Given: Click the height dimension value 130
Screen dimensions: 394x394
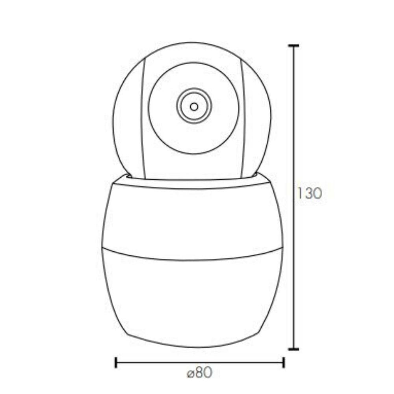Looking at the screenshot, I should [x=309, y=193].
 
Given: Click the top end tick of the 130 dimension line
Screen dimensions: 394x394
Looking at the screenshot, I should [x=293, y=46].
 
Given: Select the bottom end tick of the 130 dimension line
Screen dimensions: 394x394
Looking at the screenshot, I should [x=293, y=349].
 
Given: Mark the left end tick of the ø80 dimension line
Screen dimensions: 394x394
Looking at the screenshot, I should [x=115, y=362].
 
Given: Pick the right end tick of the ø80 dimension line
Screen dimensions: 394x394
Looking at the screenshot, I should [x=283, y=362].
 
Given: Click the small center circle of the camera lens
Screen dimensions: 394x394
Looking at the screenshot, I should [x=194, y=106].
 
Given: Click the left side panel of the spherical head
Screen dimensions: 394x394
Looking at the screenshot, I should [x=128, y=118].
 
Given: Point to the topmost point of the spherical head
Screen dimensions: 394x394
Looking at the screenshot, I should [x=192, y=43].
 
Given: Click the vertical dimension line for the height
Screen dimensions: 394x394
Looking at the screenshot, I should [x=293, y=256].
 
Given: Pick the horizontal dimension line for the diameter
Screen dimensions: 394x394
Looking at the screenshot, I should [x=158, y=362].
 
